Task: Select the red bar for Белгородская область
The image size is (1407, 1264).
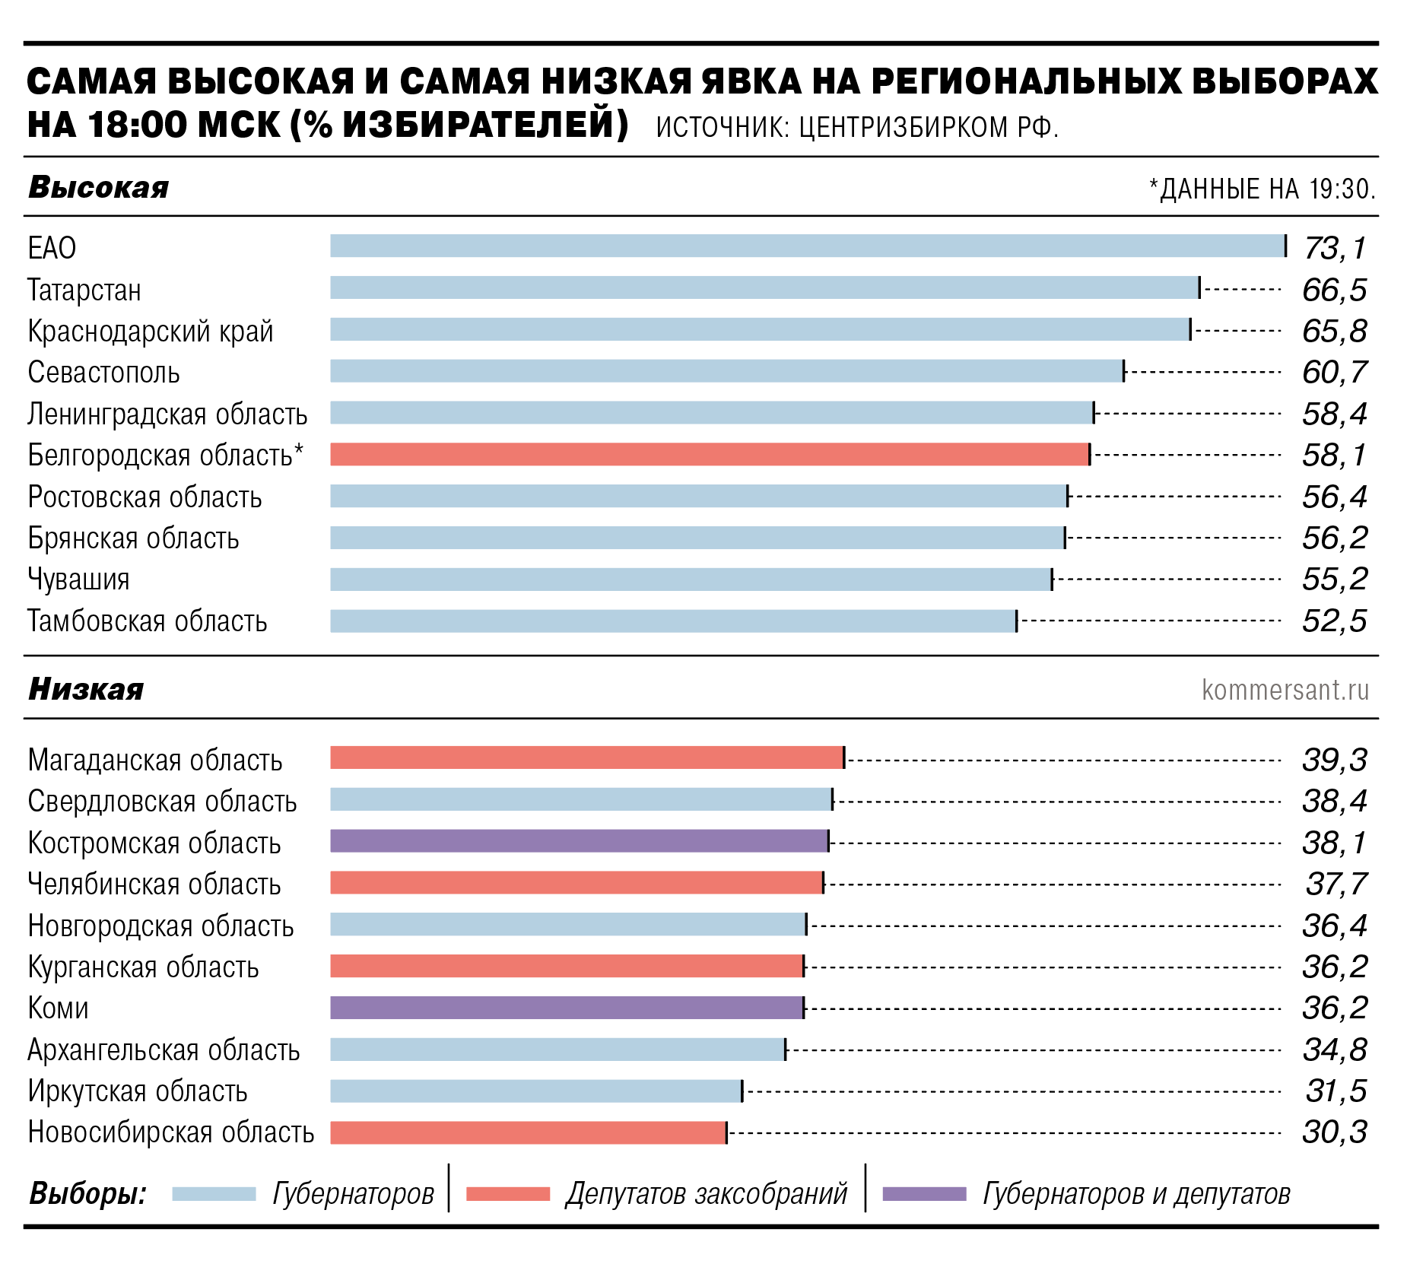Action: [709, 455]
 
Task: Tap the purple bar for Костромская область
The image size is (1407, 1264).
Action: [579, 841]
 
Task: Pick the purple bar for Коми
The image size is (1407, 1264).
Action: [567, 1008]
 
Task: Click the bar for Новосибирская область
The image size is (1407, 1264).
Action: [528, 1132]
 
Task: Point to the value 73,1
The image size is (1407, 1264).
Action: [1335, 248]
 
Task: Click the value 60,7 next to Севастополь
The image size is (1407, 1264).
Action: [1335, 373]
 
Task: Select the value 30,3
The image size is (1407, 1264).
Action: [1335, 1132]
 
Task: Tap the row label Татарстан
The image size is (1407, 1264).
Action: [84, 290]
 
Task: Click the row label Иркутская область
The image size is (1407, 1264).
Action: [138, 1091]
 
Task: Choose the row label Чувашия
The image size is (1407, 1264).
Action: [78, 580]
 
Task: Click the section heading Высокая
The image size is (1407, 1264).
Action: [98, 188]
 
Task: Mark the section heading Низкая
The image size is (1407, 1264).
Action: [86, 689]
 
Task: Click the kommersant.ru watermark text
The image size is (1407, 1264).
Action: [1285, 690]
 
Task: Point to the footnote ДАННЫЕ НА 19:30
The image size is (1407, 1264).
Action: [1266, 189]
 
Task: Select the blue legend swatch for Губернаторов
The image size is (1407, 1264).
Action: [214, 1194]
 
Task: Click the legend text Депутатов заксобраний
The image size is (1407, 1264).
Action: [706, 1194]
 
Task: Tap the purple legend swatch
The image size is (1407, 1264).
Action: [923, 1194]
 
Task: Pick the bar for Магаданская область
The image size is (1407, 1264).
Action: [586, 758]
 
